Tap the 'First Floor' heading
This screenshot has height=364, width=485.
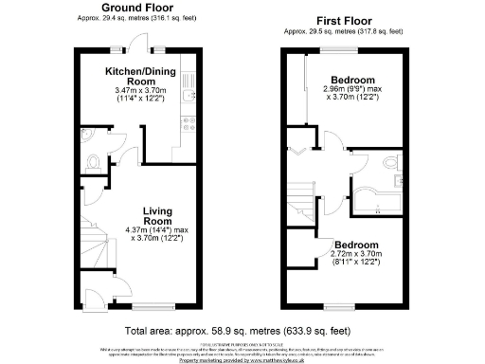click(x=344, y=20)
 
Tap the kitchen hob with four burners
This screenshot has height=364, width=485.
click(x=188, y=124)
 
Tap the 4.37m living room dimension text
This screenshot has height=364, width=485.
click(x=156, y=233)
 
